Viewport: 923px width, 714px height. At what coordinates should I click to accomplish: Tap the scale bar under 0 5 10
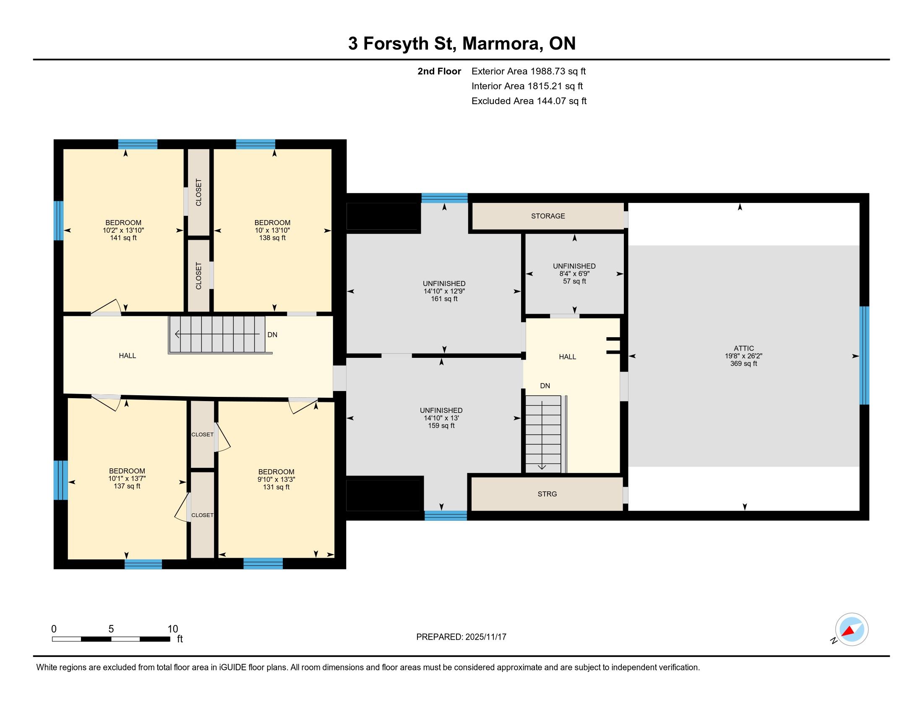(x=111, y=639)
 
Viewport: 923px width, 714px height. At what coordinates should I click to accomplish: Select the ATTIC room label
(x=744, y=349)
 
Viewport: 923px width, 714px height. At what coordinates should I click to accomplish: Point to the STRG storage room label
(x=547, y=494)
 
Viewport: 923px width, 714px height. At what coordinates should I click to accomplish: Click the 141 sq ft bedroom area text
(x=123, y=238)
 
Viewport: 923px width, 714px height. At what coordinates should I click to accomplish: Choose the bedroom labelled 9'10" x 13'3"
(x=276, y=480)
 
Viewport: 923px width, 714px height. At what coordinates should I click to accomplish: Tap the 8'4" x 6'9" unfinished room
(x=574, y=274)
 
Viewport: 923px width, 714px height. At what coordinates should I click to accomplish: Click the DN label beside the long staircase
(x=273, y=335)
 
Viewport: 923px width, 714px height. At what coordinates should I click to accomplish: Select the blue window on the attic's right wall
(x=865, y=356)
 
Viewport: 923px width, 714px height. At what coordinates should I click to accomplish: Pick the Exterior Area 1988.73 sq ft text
(x=529, y=71)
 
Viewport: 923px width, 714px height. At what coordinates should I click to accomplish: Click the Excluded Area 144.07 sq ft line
(x=529, y=101)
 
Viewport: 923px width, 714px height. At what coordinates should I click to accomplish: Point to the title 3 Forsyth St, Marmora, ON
(x=462, y=44)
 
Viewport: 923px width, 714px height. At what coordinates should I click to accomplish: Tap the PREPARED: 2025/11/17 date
(x=461, y=637)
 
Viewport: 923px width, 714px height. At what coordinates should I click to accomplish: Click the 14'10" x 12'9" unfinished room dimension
(x=444, y=291)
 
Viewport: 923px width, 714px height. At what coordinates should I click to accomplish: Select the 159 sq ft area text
(x=441, y=426)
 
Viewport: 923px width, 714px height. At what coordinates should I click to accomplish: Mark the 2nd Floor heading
(x=439, y=71)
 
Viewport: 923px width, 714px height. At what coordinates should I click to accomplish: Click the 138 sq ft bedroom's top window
(x=256, y=144)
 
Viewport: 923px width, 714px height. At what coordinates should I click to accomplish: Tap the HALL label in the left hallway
(x=127, y=356)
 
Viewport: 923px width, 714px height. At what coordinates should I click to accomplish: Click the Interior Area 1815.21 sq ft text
(x=527, y=86)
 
